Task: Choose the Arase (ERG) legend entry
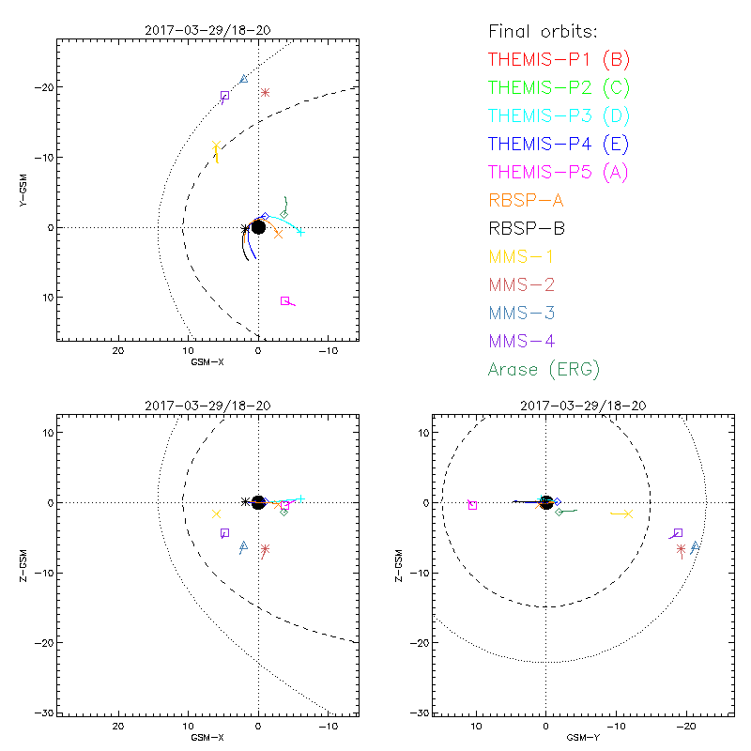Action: (544, 369)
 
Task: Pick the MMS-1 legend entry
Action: (527, 256)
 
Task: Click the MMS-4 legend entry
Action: (527, 341)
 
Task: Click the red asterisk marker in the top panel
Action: (266, 92)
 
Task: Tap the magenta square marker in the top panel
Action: (284, 300)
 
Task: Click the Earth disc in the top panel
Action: (258, 227)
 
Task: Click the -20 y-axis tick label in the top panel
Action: (43, 87)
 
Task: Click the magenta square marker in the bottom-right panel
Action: (472, 505)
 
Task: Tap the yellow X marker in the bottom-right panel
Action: (628, 513)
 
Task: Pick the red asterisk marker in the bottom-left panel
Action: (266, 549)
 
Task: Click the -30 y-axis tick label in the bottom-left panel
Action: (43, 713)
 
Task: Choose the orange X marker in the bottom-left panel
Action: (217, 513)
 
